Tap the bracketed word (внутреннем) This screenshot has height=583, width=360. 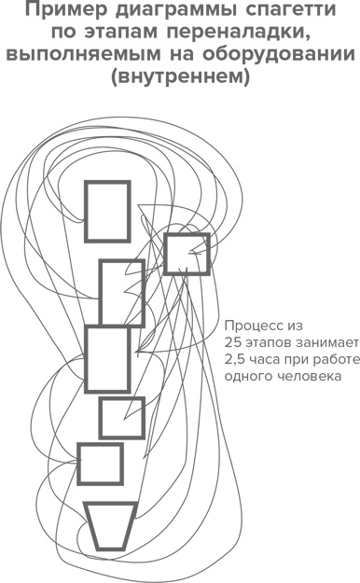tap(180, 77)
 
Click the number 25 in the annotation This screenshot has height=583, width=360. tap(233, 343)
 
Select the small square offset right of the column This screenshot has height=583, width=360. tap(186, 254)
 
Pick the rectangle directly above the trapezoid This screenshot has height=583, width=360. tap(100, 464)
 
